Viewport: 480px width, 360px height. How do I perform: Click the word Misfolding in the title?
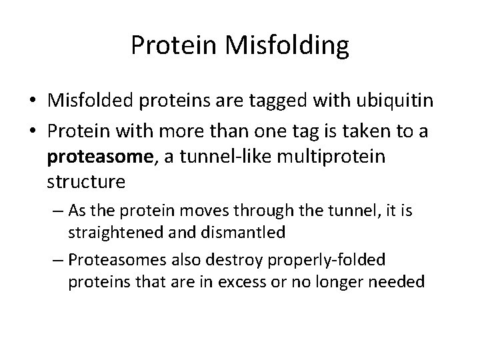click(288, 45)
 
